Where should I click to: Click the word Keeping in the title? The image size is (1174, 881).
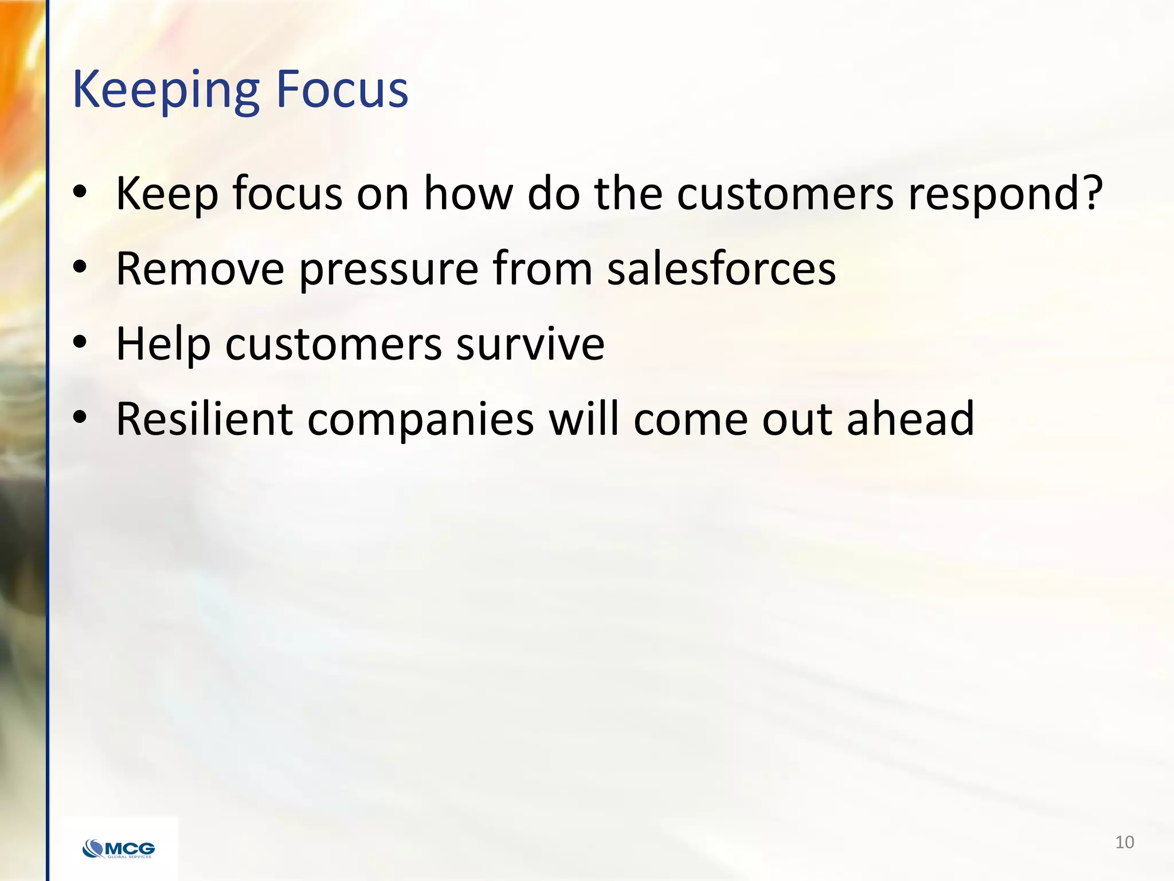[166, 91]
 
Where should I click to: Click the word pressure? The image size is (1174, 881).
[389, 270]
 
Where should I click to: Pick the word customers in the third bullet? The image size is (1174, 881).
[334, 344]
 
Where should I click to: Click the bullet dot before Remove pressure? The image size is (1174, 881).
[80, 267]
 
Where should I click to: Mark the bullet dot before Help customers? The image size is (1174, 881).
[80, 342]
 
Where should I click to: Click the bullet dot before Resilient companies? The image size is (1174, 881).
[80, 418]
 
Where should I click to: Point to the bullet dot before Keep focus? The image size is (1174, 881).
[80, 192]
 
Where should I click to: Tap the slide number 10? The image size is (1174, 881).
[1124, 842]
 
